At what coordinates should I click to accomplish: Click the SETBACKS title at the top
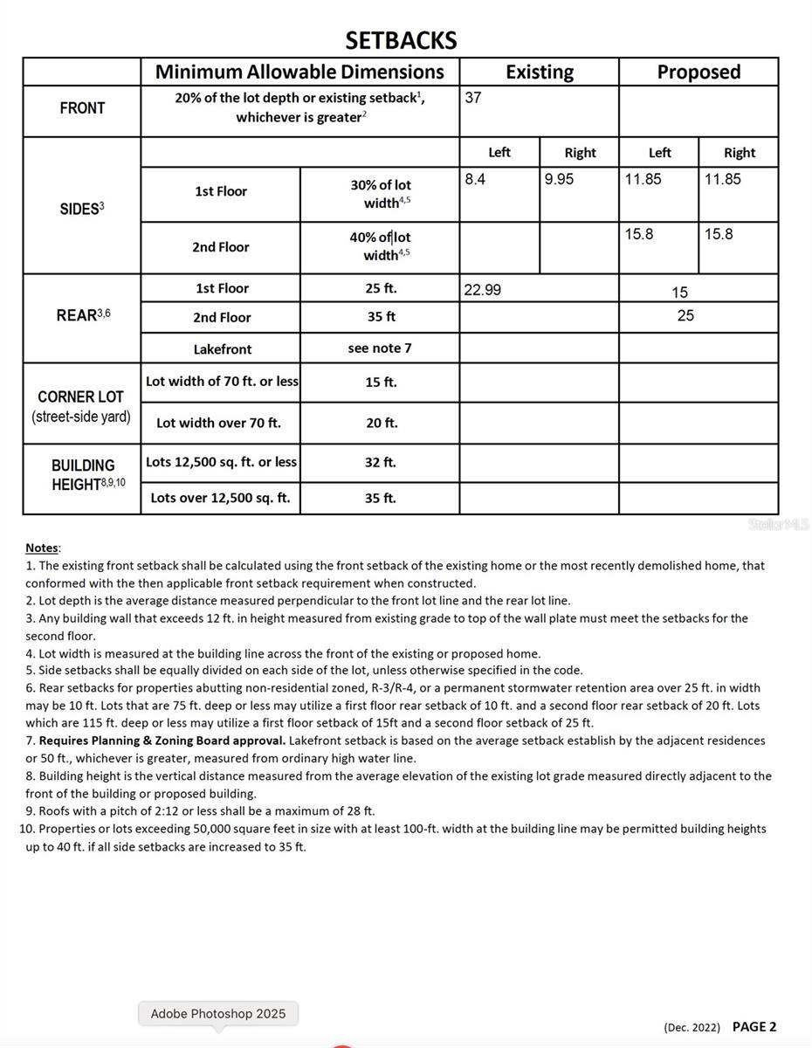point(401,40)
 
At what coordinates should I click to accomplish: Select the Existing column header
point(539,72)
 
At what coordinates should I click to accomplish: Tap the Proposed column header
point(698,72)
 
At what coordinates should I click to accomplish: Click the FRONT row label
point(82,108)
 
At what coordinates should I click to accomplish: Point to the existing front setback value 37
point(473,98)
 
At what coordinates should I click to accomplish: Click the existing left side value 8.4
point(475,179)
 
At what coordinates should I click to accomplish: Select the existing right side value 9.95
point(559,179)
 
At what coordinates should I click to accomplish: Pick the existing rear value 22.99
point(482,290)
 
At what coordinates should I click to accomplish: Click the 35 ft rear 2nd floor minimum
point(381,317)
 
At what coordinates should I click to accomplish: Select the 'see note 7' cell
point(380,348)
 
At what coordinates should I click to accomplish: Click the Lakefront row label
point(222,349)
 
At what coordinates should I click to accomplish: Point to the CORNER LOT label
point(81,396)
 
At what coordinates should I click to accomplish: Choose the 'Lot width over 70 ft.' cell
point(218,423)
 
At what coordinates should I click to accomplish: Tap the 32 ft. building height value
point(381,462)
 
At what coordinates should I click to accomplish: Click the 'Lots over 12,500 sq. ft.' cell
point(220,498)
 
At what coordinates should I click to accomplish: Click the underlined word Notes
point(41,548)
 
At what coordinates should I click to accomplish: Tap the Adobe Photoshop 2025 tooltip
point(218,1014)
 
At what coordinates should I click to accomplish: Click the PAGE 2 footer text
point(754,1027)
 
